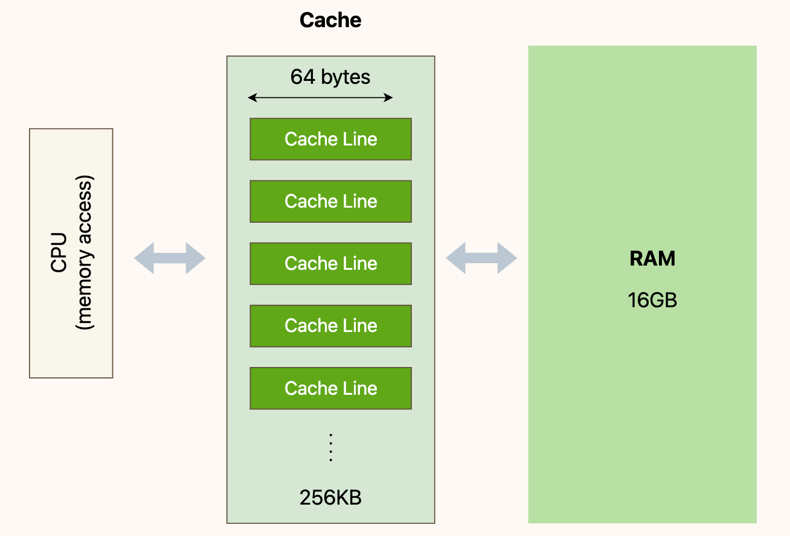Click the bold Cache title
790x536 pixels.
coord(330,20)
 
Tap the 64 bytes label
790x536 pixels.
coord(330,77)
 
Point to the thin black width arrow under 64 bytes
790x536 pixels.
coord(320,98)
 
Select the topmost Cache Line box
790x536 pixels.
coord(331,139)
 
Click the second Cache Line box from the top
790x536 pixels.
coord(331,202)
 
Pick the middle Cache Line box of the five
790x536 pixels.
coord(331,264)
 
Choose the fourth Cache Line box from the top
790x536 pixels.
coord(331,326)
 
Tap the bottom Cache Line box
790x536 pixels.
coord(331,388)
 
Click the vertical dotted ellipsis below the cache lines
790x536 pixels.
coord(331,447)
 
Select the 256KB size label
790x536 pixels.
coord(330,497)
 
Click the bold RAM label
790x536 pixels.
coord(652,259)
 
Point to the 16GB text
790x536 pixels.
coord(652,300)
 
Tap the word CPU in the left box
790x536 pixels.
coord(59,252)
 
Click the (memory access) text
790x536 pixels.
coord(85,252)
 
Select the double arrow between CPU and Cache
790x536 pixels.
coord(170,258)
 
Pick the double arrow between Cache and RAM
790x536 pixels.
coord(481,258)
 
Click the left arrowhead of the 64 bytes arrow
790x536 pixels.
coord(252,98)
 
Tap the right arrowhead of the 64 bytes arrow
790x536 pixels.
coord(388,98)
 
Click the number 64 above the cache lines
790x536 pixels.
coord(303,77)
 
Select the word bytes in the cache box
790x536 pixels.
coord(345,77)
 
